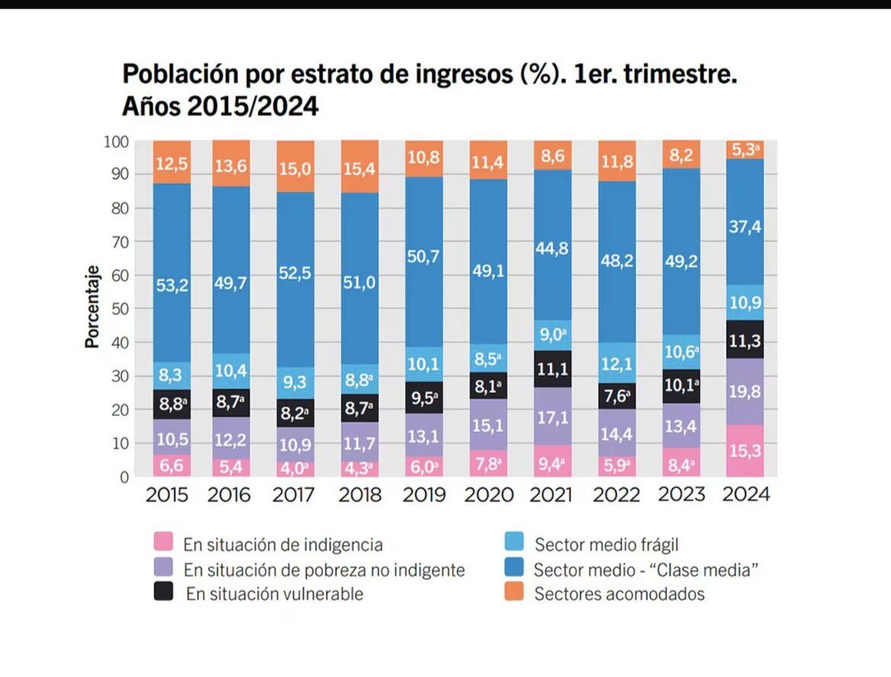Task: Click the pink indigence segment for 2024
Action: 745,451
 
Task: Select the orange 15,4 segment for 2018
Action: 360,166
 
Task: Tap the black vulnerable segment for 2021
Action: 552,369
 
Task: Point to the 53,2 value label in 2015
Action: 171,286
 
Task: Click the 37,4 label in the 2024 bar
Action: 745,227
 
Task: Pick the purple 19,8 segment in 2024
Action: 745,391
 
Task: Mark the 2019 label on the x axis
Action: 423,495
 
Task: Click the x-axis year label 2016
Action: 229,495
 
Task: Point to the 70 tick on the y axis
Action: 115,241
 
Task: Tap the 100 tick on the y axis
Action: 113,141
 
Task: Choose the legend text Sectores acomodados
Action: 619,594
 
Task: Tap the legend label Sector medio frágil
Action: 606,544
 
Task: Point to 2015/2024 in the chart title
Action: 253,107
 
